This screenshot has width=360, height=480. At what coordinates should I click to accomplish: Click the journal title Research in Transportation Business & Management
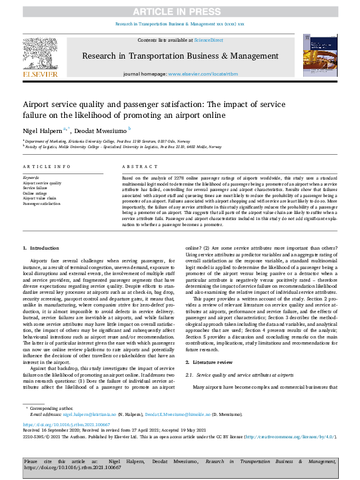pyautogui.click(x=180, y=57)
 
